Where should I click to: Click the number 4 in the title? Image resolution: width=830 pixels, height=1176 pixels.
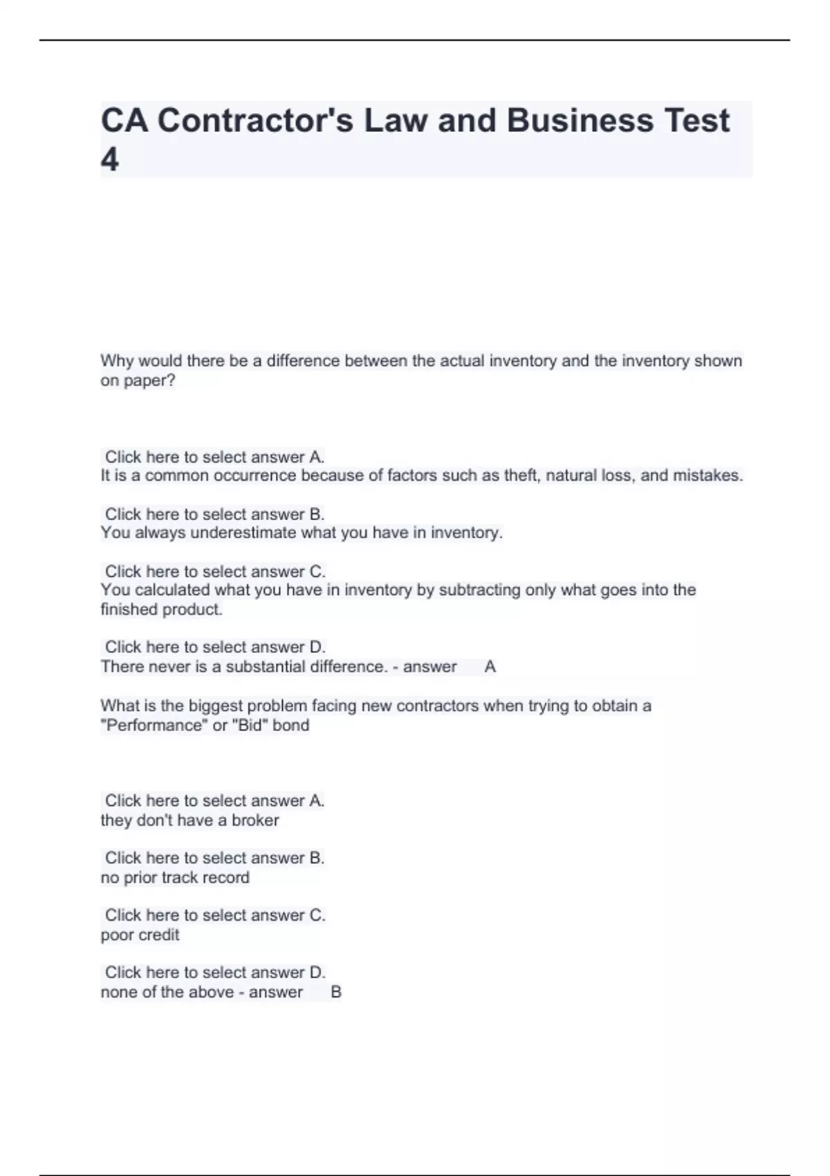point(110,159)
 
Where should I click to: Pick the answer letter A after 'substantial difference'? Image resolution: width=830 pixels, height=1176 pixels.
point(490,667)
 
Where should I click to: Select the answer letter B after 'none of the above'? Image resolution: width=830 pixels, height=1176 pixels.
point(336,993)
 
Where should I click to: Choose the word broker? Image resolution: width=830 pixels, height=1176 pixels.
point(255,820)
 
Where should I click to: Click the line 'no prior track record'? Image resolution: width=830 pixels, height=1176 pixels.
point(175,878)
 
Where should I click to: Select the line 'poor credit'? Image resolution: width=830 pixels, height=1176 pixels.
point(140,935)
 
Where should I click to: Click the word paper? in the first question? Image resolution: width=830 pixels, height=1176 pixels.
point(150,380)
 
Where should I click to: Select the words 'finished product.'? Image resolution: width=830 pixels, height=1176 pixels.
point(161,609)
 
